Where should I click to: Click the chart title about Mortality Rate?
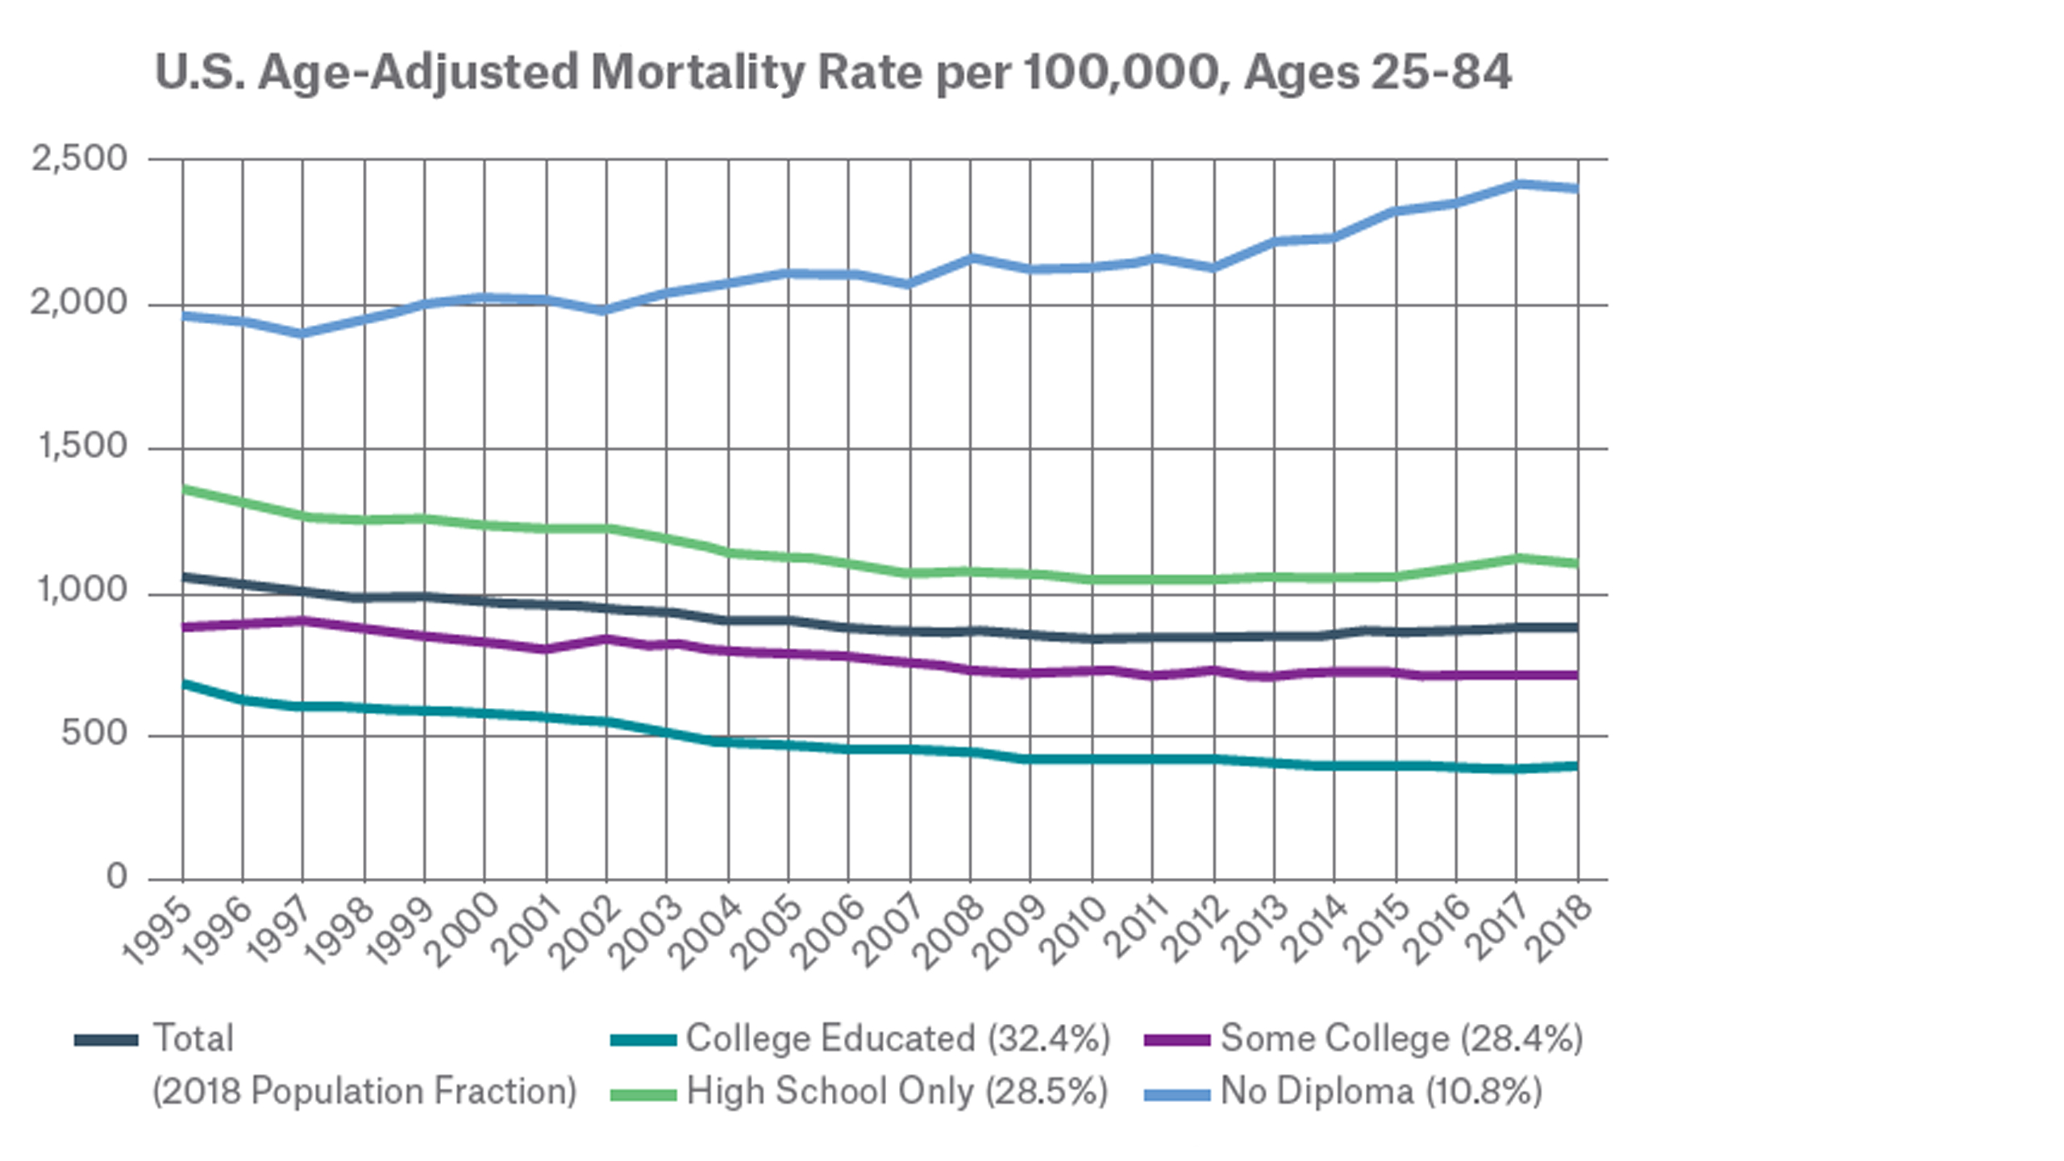(x=832, y=73)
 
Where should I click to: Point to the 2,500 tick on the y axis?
(x=79, y=158)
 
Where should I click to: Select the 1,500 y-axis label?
(x=83, y=446)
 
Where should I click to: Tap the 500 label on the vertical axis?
(x=94, y=734)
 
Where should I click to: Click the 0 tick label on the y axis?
(x=117, y=876)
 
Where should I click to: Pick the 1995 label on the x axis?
(x=159, y=931)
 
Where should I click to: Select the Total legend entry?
(x=193, y=1038)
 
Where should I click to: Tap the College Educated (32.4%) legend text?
(x=898, y=1038)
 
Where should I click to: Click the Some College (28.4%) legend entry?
(x=1401, y=1038)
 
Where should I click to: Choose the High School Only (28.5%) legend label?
(x=897, y=1092)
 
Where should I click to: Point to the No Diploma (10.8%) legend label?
(x=1381, y=1092)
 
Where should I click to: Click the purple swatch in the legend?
(x=1176, y=1041)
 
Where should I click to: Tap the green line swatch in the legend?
(x=643, y=1094)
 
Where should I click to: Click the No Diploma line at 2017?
(x=1517, y=185)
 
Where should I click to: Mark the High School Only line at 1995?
(x=184, y=489)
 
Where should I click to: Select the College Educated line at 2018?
(x=1576, y=766)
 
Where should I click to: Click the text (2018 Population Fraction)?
(x=364, y=1092)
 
